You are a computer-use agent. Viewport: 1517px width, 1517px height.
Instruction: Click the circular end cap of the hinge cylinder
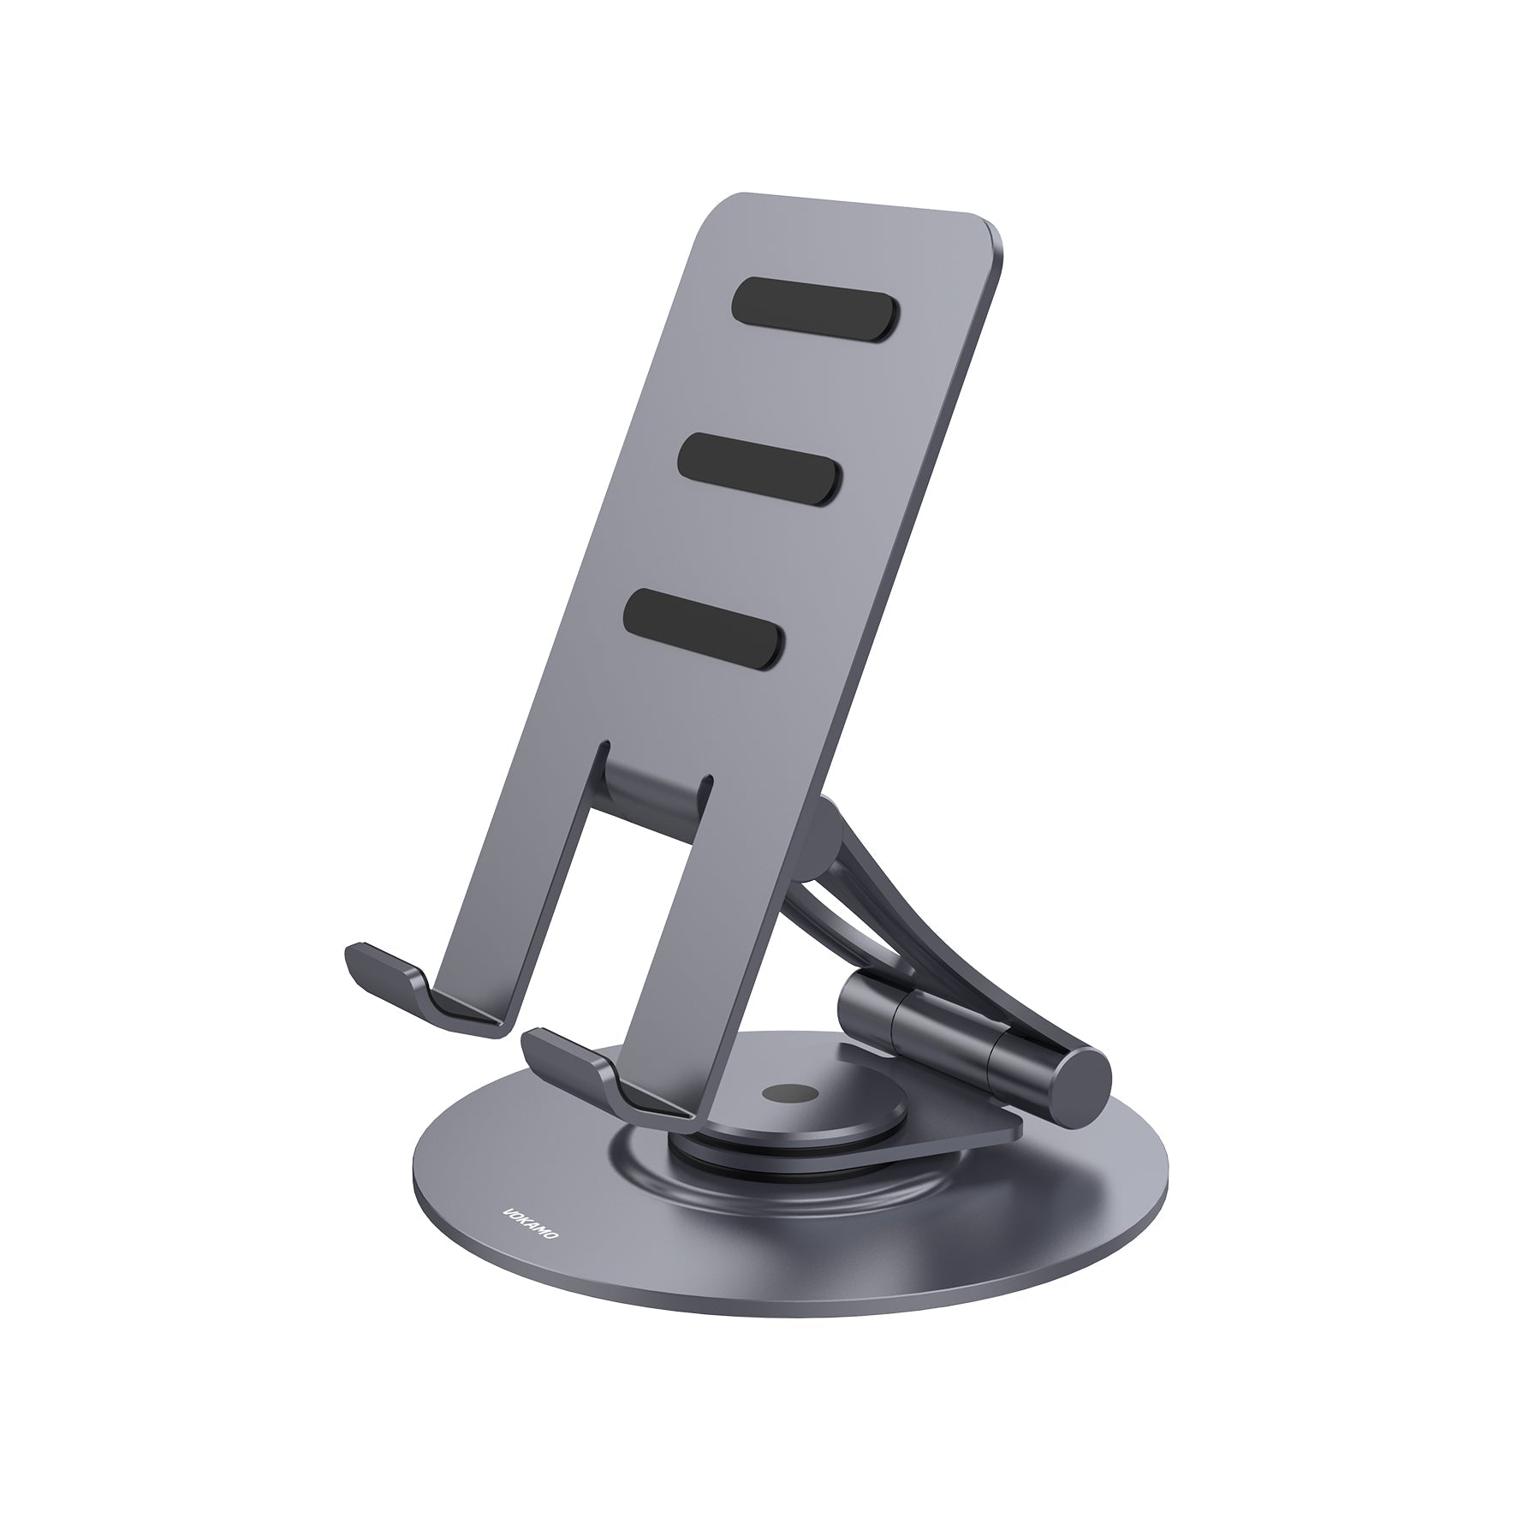[1080, 1083]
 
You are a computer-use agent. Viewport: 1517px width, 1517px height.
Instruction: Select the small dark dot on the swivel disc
[787, 1094]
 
